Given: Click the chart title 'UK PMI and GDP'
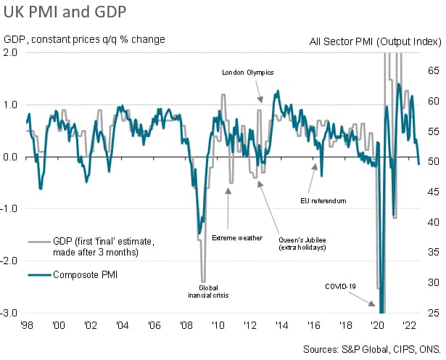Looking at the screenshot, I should point(64,12).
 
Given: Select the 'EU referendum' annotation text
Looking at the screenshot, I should point(323,200).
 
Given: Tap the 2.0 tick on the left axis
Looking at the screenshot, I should point(12,52).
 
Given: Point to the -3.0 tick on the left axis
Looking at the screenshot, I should point(11,314).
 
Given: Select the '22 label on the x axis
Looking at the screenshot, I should point(408,325).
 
